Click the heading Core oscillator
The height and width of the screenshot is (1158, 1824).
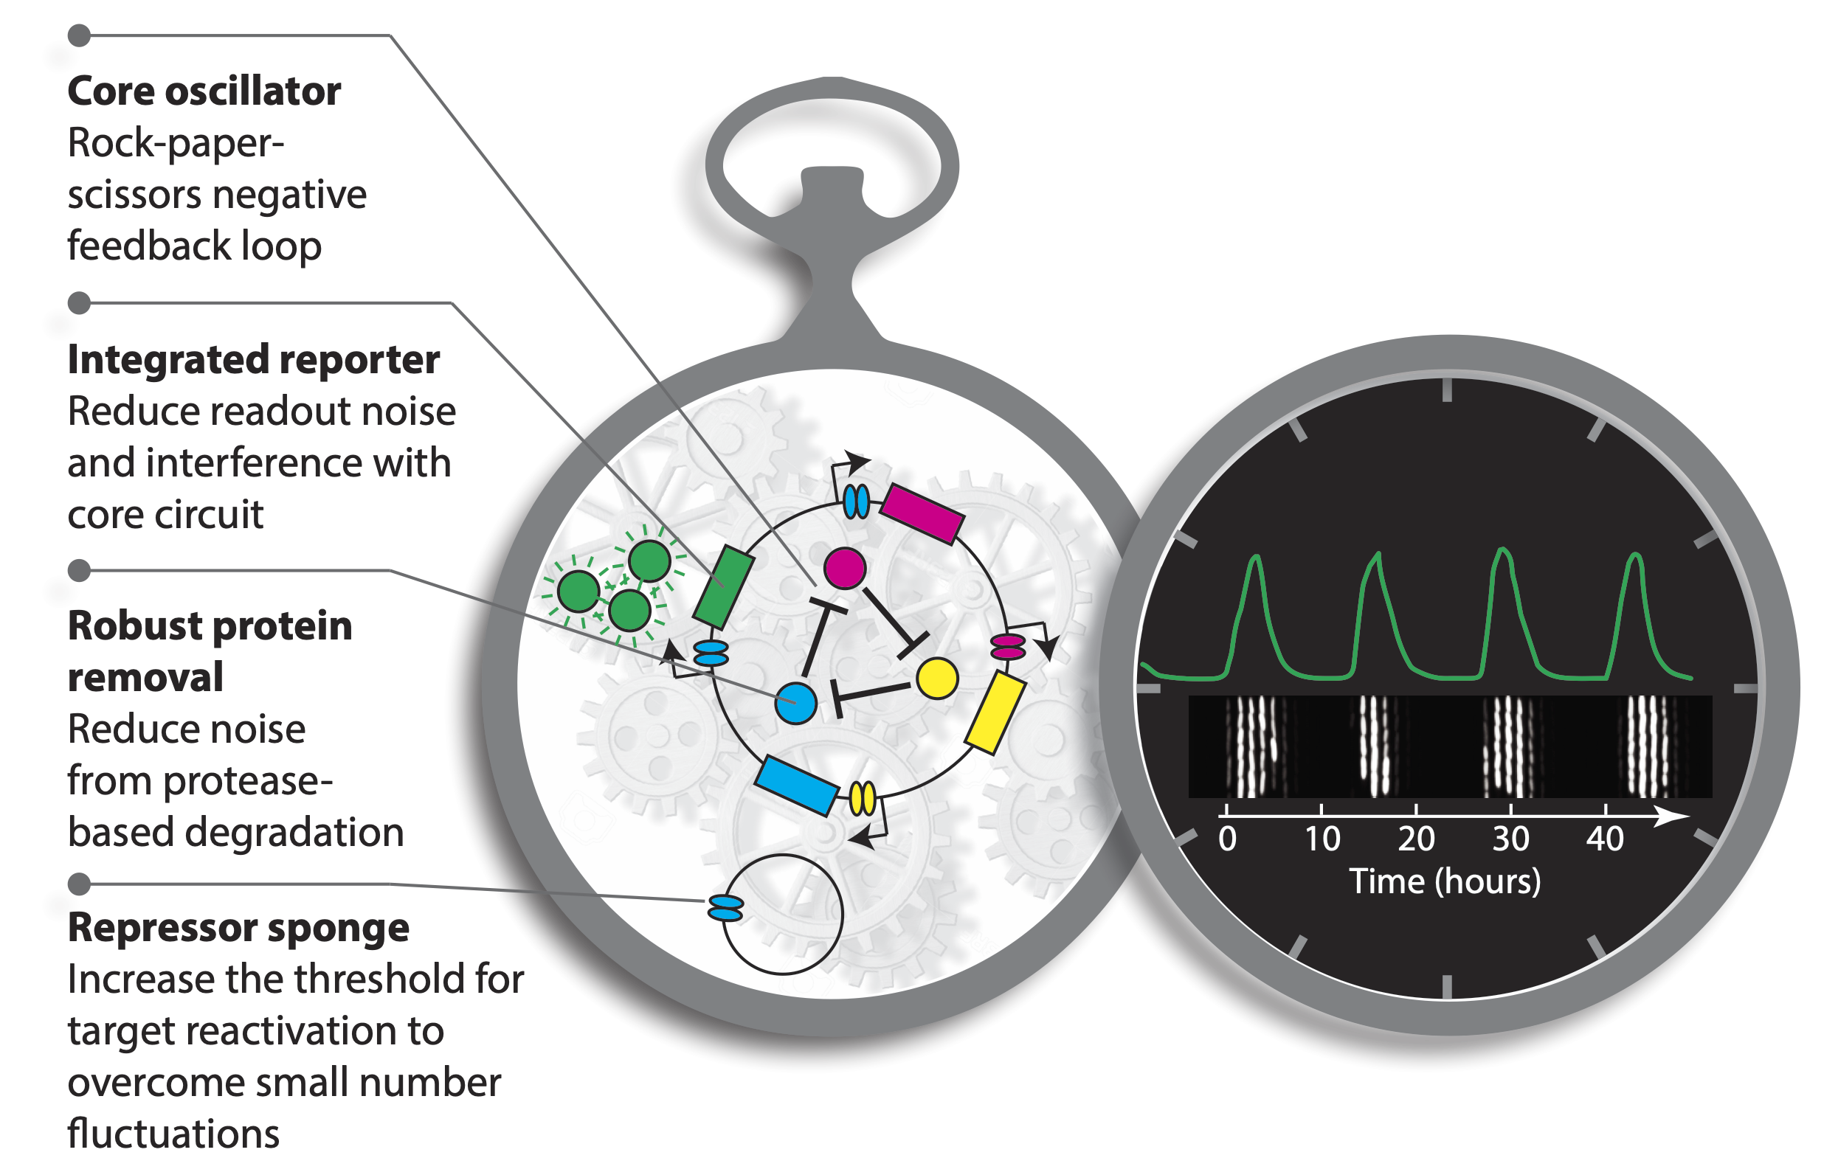(204, 91)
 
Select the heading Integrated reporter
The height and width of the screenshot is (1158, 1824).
(253, 360)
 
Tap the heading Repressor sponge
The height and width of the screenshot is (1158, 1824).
(238, 928)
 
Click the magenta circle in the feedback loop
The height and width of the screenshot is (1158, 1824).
(845, 568)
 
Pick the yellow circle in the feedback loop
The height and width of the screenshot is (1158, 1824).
(937, 679)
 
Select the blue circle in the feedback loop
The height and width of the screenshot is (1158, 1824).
(795, 703)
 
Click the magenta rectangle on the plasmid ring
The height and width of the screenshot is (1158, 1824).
(922, 513)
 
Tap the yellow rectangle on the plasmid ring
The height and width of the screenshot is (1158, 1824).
(995, 712)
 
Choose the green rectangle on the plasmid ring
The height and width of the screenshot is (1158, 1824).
(723, 587)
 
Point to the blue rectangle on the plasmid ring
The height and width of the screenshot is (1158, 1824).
(796, 786)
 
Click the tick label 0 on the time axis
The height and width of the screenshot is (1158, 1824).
(1227, 839)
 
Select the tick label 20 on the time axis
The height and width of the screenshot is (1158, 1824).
(1416, 839)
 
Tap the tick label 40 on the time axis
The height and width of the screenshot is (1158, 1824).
(1604, 839)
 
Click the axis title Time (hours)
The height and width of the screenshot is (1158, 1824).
(1445, 881)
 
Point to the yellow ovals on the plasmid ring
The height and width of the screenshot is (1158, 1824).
(862, 798)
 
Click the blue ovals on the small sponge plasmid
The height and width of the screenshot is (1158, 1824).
(725, 907)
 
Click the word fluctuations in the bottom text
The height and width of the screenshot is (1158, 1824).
(173, 1134)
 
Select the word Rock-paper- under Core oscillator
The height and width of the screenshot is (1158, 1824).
(176, 143)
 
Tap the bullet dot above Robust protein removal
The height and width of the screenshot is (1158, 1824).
(79, 570)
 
